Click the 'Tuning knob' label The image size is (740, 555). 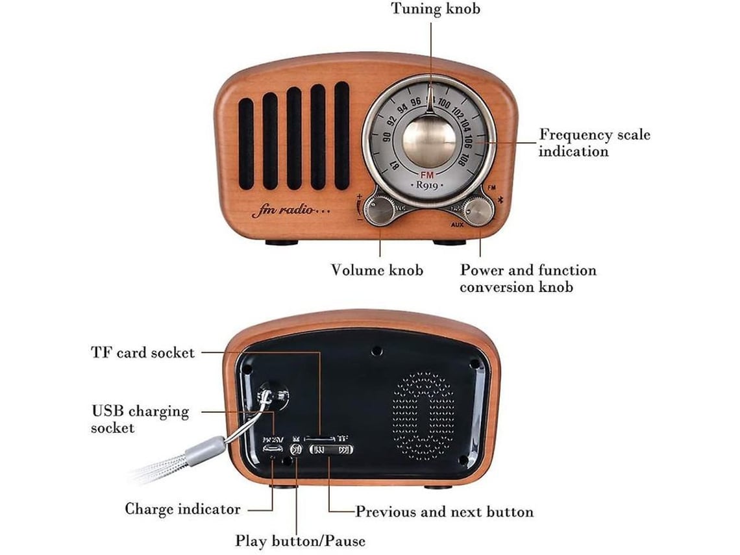tap(435, 9)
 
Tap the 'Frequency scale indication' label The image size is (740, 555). tap(594, 143)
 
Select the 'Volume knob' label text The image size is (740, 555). tap(376, 270)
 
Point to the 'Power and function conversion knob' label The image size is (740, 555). tap(528, 278)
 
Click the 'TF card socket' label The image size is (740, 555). tap(142, 352)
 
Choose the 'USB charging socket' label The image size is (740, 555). tap(140, 419)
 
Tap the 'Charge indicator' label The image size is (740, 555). tap(182, 509)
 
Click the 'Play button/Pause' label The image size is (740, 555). tap(300, 540)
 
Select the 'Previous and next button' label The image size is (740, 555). tap(444, 512)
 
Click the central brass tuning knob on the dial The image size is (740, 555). tap(429, 141)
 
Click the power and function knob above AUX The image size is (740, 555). tap(478, 210)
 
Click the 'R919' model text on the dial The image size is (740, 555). tap(427, 185)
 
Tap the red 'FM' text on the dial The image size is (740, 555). tap(427, 175)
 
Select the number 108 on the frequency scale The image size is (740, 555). tap(460, 160)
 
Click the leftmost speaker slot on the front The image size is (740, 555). tap(246, 143)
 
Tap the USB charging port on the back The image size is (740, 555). tap(272, 449)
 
